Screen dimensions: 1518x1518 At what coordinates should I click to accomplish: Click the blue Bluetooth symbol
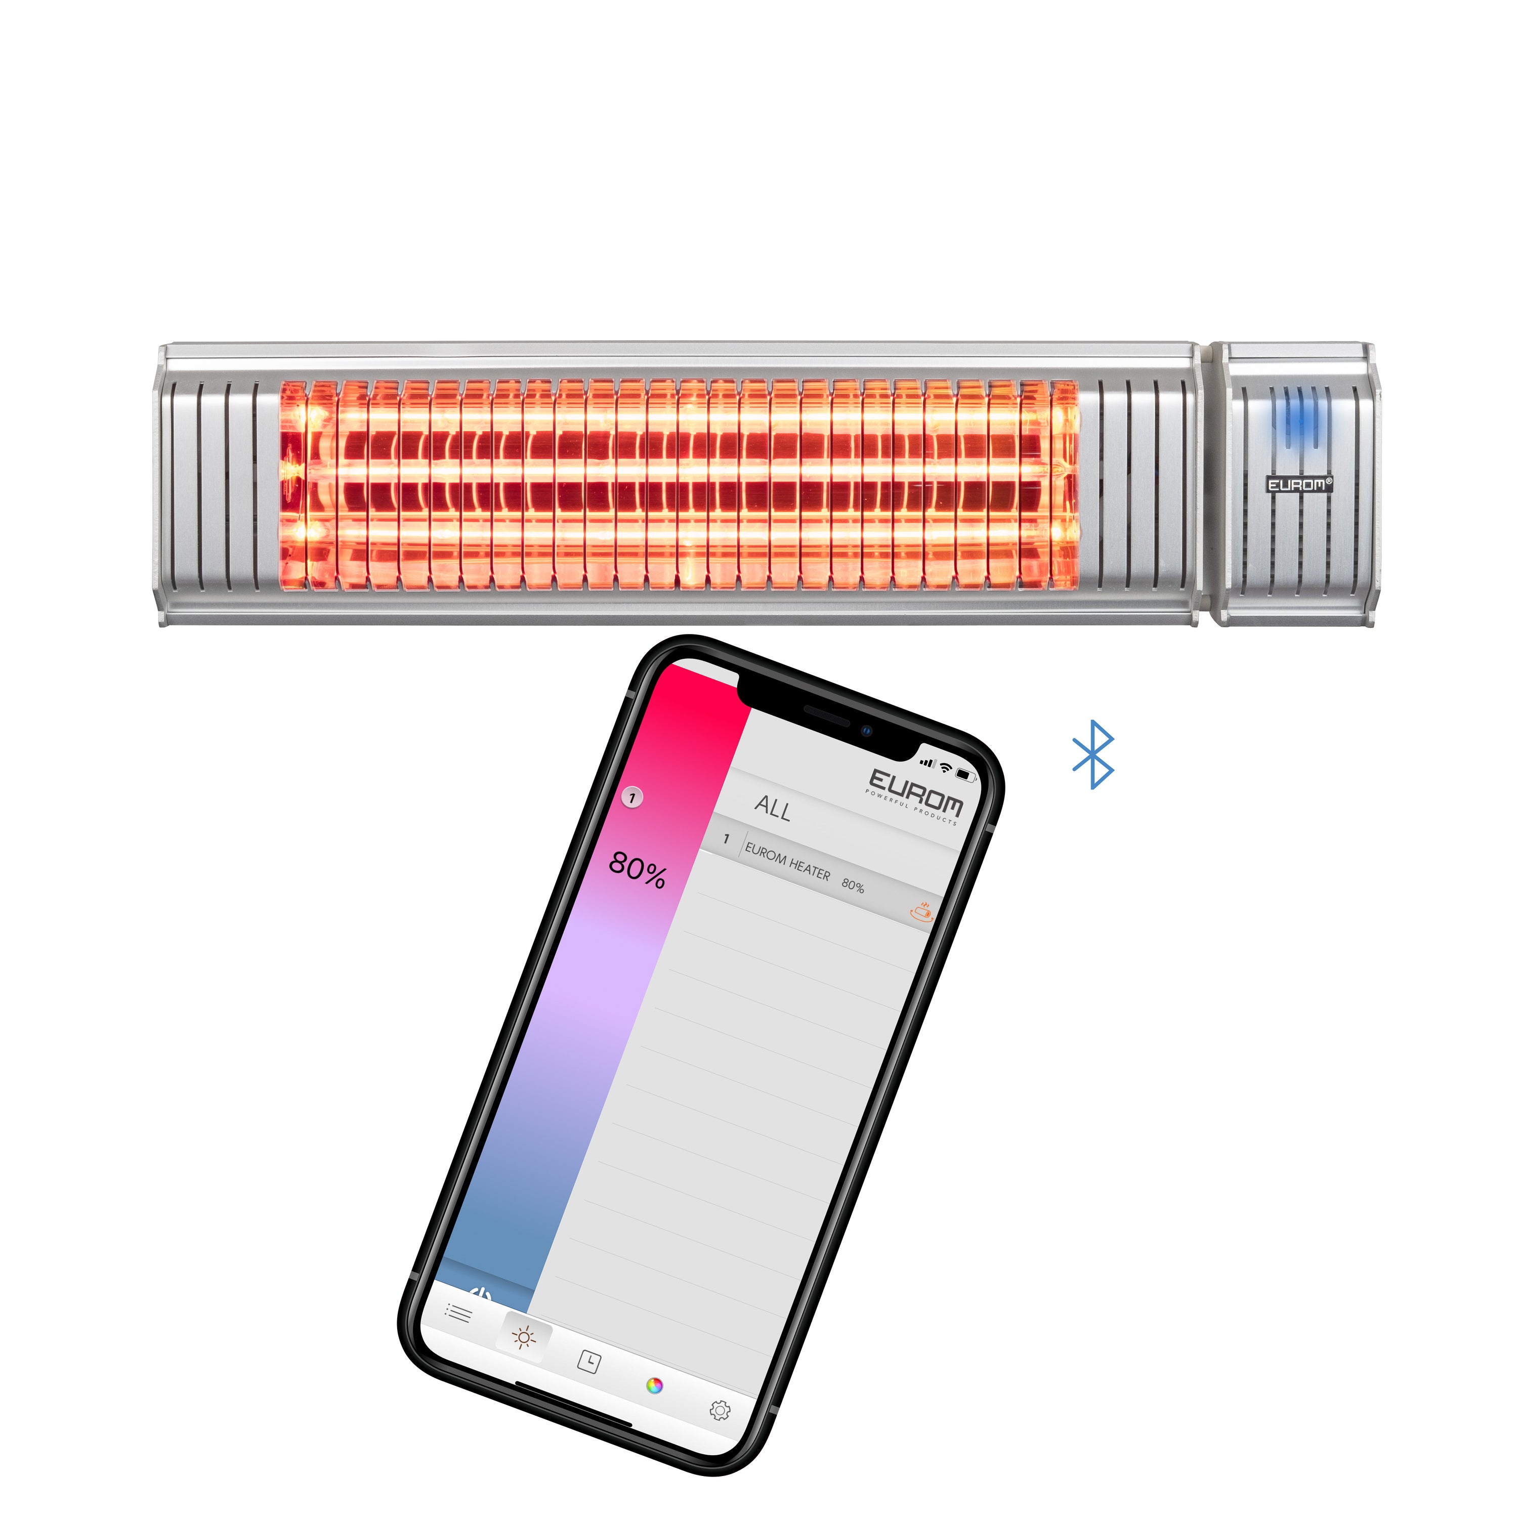pyautogui.click(x=1093, y=754)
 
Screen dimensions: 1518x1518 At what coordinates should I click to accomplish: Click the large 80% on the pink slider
pyautogui.click(x=637, y=870)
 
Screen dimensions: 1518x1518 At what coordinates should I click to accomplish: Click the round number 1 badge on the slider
pyautogui.click(x=632, y=797)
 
